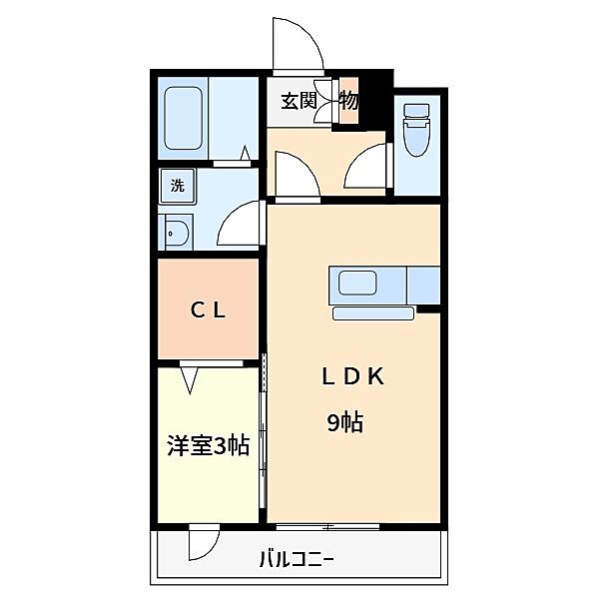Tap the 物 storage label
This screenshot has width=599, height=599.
point(348,101)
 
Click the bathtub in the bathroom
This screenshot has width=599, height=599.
point(183,121)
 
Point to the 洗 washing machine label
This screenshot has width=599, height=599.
point(177,185)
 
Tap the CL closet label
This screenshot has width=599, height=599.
point(209,309)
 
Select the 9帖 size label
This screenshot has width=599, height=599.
point(344,422)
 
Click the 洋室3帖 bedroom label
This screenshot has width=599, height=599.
point(208,446)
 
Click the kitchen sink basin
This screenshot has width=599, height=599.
point(356,284)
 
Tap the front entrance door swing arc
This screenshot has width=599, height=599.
point(297,45)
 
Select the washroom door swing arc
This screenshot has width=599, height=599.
point(237,226)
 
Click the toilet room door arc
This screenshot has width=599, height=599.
point(368,165)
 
